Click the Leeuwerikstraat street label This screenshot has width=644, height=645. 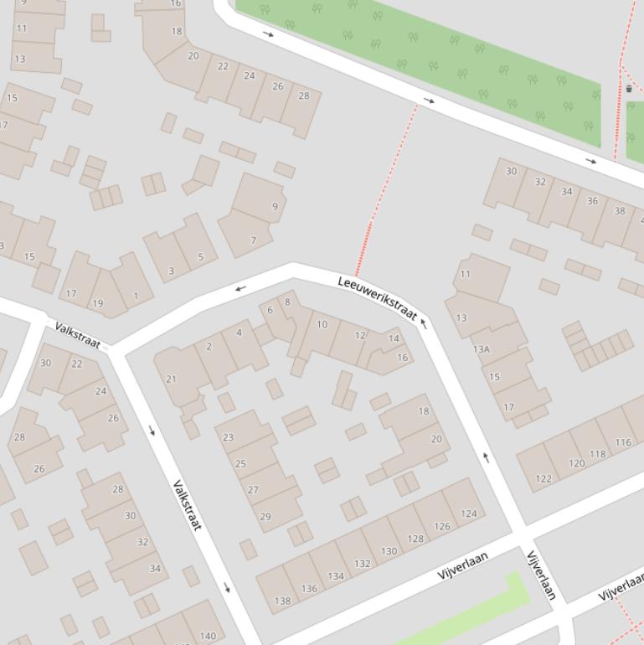point(378,297)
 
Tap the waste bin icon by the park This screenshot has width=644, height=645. point(629,88)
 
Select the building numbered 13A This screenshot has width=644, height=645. point(482,349)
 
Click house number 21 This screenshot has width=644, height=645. point(172,379)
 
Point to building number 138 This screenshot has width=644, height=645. point(283,600)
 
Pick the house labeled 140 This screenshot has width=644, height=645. point(208,635)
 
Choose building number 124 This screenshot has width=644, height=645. point(468,513)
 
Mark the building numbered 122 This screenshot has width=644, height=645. point(544,479)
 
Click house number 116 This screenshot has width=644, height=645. point(623,441)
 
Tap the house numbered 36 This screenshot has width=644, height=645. point(592,200)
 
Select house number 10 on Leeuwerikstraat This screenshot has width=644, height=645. point(322,324)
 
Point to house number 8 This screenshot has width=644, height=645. point(287,302)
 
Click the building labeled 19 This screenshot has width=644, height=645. point(98,303)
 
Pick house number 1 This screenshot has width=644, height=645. point(136,296)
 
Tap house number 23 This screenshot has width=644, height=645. point(228,436)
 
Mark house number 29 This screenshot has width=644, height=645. point(265,516)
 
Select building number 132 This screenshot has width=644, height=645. point(362,563)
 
